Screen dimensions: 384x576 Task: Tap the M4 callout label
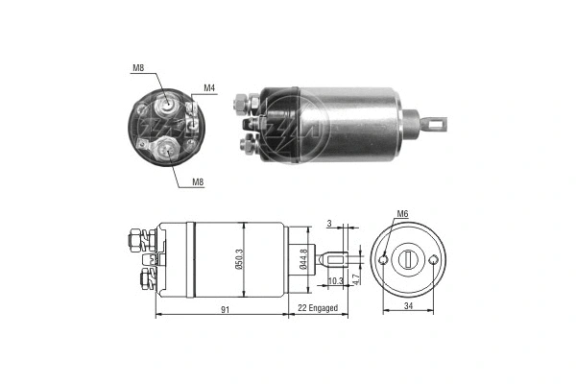(x=208, y=88)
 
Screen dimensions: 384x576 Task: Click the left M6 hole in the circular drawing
(x=383, y=259)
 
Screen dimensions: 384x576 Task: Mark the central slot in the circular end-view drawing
(x=410, y=259)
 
